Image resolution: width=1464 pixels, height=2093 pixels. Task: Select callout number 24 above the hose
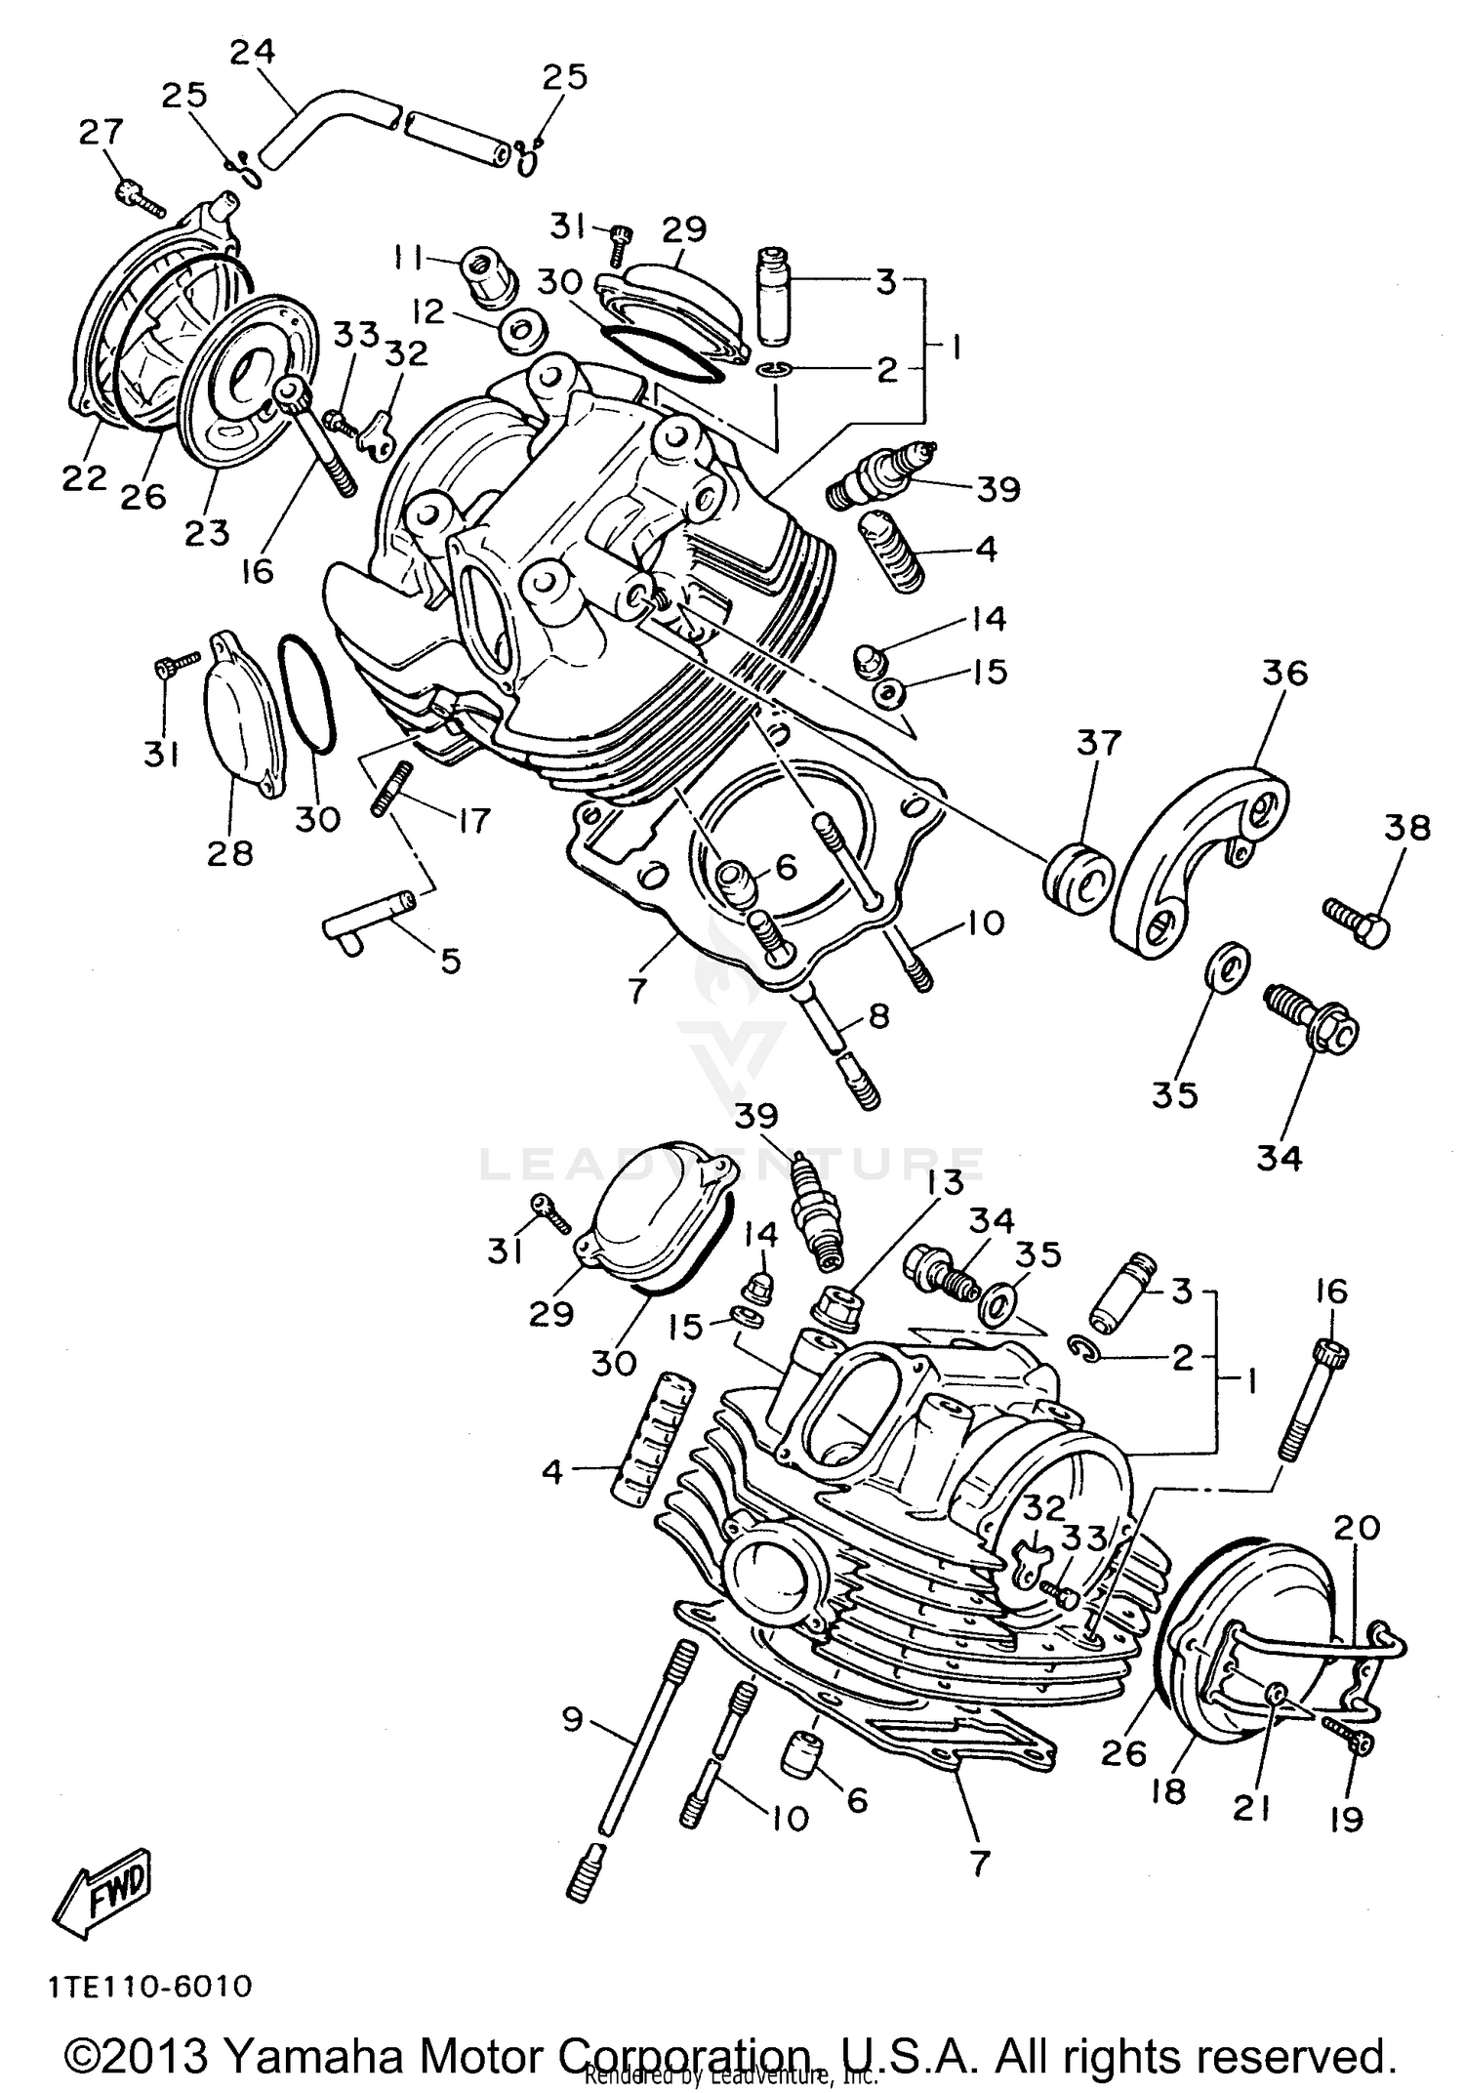[253, 53]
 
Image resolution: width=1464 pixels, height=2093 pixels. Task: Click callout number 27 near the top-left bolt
[102, 132]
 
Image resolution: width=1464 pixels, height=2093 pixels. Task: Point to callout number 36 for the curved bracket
[1283, 673]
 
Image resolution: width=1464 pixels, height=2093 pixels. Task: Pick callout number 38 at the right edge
[1406, 828]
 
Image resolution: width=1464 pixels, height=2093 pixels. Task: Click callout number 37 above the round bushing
[1099, 743]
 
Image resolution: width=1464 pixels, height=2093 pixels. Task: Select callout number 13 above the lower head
[939, 1182]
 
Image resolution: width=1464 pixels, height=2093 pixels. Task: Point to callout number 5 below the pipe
[449, 961]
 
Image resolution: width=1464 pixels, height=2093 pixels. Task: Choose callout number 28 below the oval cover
[229, 853]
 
